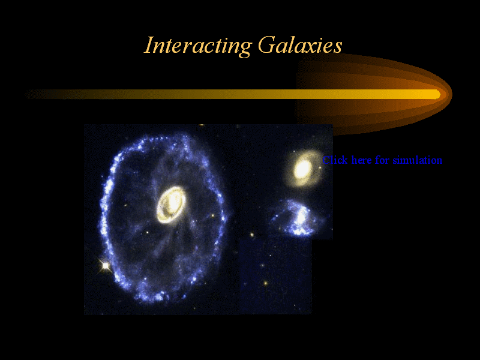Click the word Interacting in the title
click(x=198, y=46)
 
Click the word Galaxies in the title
click(x=300, y=44)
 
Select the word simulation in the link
click(x=418, y=160)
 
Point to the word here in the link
click(x=362, y=160)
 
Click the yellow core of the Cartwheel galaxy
click(x=171, y=205)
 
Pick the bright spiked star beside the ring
click(x=106, y=265)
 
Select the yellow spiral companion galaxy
click(x=303, y=169)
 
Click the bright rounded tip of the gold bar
click(x=438, y=94)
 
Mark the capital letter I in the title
click(x=149, y=45)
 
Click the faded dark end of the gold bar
click(x=29, y=94)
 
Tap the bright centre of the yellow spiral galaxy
click(x=302, y=169)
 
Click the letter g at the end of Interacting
click(x=244, y=50)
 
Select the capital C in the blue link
click(x=326, y=160)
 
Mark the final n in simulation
click(x=440, y=161)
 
